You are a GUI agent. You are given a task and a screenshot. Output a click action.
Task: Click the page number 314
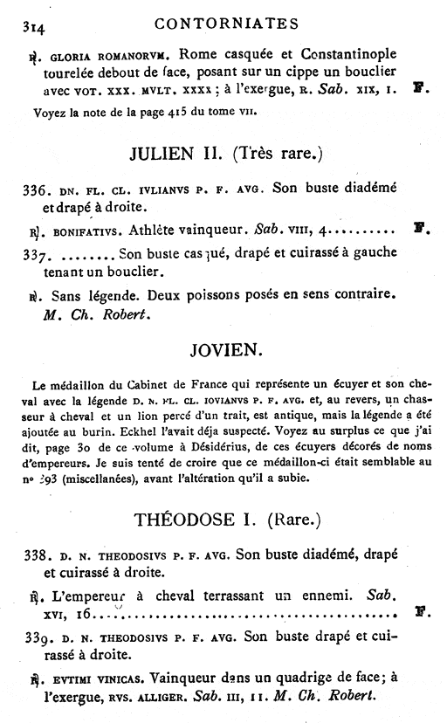click(x=33, y=24)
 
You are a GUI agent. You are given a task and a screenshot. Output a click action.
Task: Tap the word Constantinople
click(x=342, y=52)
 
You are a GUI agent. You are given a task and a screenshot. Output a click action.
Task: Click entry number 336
click(x=37, y=189)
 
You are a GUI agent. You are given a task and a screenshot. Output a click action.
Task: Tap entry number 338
click(x=37, y=555)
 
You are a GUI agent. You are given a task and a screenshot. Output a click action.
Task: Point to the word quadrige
click(x=286, y=678)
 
